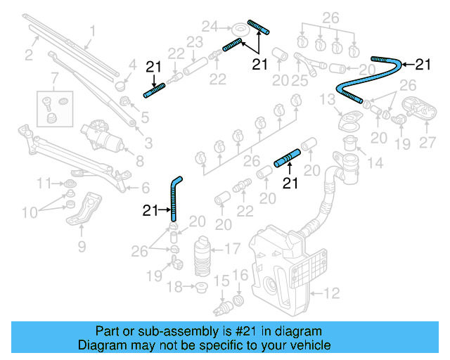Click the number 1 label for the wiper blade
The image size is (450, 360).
(x=91, y=30)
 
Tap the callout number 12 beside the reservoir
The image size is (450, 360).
(x=330, y=291)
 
